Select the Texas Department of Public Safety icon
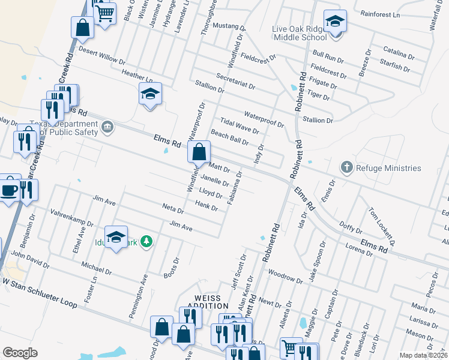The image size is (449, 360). point(108,126)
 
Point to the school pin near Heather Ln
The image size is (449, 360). point(150,94)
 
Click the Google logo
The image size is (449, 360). point(20,352)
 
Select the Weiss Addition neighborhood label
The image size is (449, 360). point(204,302)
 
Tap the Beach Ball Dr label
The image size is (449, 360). point(229,137)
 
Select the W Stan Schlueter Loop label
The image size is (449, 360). point(40,292)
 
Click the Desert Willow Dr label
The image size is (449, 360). point(101,56)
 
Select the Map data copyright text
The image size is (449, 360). point(423,355)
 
